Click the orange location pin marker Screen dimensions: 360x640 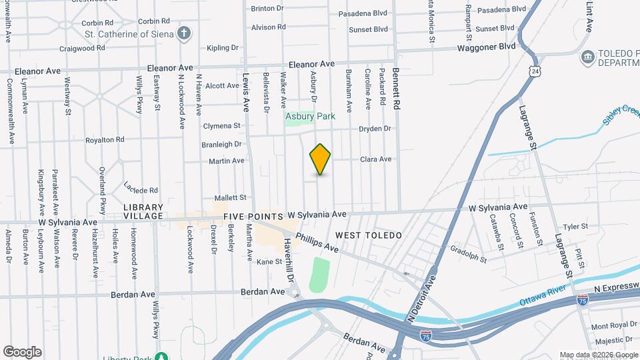tap(320, 159)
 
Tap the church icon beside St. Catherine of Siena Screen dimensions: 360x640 tap(185, 33)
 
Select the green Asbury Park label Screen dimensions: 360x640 tap(310, 116)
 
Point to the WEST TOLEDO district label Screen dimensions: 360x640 tap(369, 235)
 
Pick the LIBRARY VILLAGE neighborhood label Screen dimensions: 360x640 tap(143, 212)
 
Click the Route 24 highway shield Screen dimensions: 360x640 tap(535, 70)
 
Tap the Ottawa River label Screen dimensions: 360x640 tap(543, 297)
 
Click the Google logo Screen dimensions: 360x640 tap(22, 352)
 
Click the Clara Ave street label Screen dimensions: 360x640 tap(376, 159)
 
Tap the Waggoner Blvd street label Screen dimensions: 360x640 tap(486, 47)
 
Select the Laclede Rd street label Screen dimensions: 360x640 tap(141, 187)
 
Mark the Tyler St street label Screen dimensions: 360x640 tap(575, 227)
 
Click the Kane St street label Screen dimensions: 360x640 tap(269, 262)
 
